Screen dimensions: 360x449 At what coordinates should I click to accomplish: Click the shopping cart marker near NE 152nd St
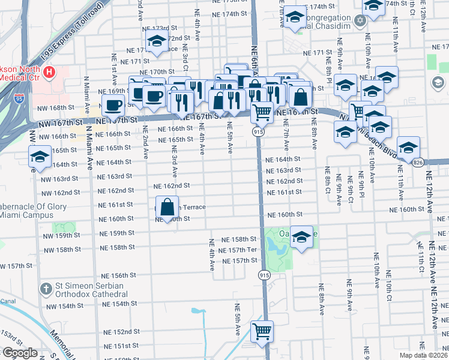[262, 331]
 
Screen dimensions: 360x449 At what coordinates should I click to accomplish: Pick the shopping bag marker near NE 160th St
[167, 208]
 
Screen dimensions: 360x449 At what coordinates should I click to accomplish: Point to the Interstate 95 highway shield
[20, 95]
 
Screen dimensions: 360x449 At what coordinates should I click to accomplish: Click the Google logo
[19, 353]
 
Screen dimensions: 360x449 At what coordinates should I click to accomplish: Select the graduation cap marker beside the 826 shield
[408, 148]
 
